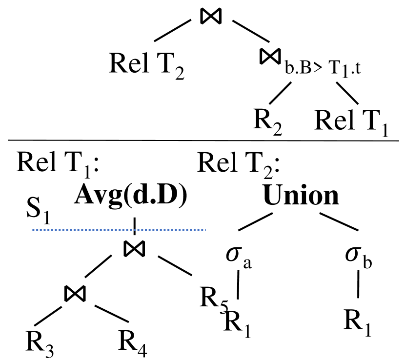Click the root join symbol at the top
pyautogui.click(x=211, y=16)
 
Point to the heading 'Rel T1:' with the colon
pyautogui.click(x=59, y=163)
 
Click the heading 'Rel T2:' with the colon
pyautogui.click(x=239, y=163)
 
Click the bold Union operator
pyautogui.click(x=301, y=195)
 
